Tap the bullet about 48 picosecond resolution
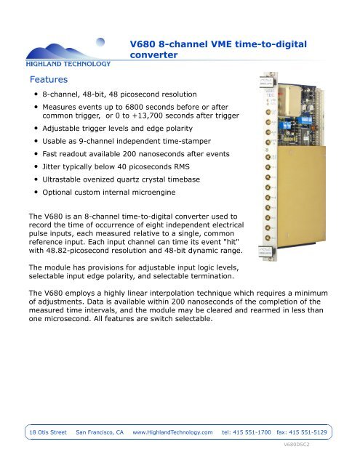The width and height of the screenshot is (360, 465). (109, 95)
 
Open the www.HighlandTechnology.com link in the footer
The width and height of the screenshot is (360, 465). (173, 432)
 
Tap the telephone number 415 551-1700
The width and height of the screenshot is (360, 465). (246, 432)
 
